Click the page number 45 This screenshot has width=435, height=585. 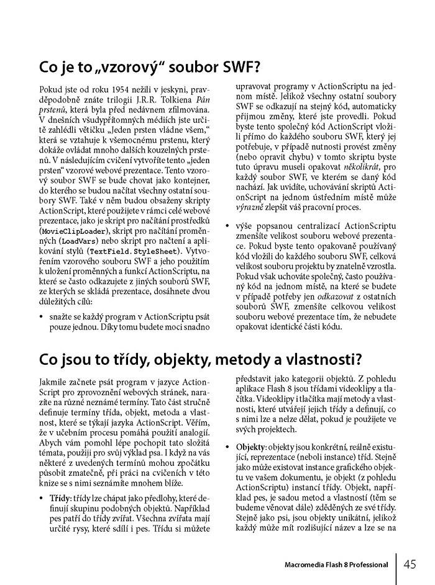click(410, 564)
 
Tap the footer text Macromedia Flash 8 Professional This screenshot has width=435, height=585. click(336, 565)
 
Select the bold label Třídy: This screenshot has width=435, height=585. click(62, 498)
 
